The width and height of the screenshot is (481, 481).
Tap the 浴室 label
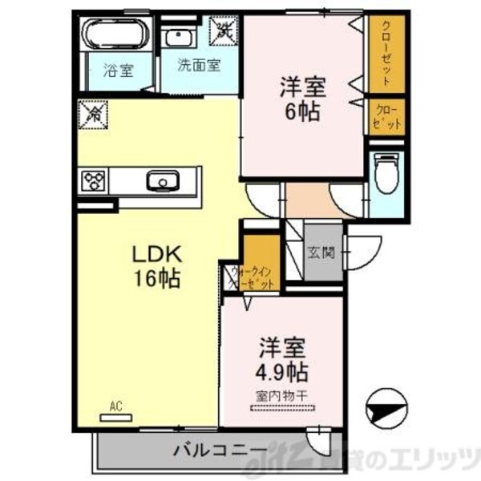pyautogui.click(x=117, y=70)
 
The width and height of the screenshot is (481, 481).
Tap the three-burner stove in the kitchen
pyautogui.click(x=95, y=180)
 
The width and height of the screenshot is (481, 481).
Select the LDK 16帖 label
pyautogui.click(x=157, y=268)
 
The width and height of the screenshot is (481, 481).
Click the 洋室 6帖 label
pyautogui.click(x=302, y=97)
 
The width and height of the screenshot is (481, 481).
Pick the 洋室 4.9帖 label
pyautogui.click(x=282, y=362)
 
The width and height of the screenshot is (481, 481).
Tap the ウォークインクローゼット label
pyautogui.click(x=253, y=277)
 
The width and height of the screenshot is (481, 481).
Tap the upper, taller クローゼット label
pyautogui.click(x=386, y=51)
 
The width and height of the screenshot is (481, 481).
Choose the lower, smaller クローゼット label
pyautogui.click(x=385, y=117)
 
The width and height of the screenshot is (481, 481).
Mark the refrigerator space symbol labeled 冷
pyautogui.click(x=93, y=115)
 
